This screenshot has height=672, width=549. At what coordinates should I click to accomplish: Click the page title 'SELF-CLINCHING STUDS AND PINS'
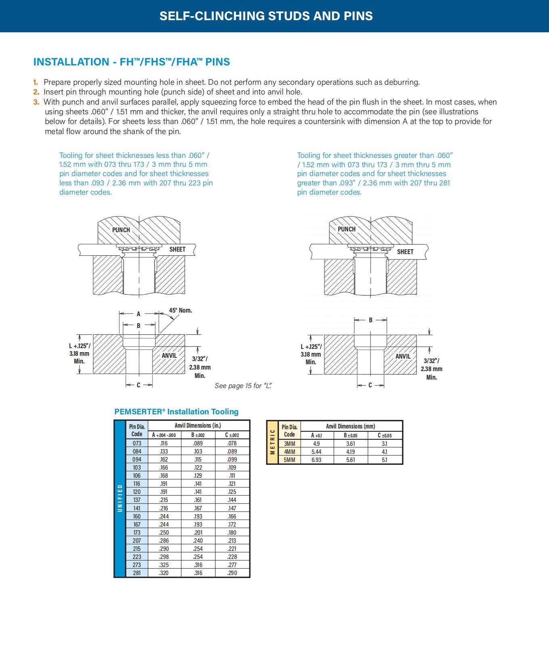(266, 16)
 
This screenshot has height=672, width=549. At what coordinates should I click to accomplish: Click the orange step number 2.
(36, 92)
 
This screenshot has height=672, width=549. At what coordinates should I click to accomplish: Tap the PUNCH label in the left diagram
(121, 230)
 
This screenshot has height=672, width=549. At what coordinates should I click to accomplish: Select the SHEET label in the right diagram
(405, 252)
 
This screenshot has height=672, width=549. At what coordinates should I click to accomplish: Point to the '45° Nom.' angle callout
(180, 310)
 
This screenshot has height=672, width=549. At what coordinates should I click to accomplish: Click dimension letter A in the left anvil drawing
(138, 314)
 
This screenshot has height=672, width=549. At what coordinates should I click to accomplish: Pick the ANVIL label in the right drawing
(403, 356)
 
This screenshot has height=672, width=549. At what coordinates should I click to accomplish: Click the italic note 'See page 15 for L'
(243, 386)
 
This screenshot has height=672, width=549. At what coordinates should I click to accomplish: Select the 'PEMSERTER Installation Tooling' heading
(176, 412)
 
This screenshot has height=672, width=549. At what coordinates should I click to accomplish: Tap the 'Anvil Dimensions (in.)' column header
(198, 425)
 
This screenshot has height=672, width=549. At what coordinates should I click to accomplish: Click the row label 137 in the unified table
(137, 500)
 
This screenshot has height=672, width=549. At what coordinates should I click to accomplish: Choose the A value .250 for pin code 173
(164, 532)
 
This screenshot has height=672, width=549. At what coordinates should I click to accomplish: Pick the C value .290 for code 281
(232, 573)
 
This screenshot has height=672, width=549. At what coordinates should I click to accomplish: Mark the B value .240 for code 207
(198, 540)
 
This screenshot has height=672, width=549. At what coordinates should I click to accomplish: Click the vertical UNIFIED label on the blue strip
(120, 498)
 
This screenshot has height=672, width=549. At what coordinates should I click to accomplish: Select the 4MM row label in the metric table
(289, 451)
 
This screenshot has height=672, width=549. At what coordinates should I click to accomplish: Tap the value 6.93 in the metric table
(316, 460)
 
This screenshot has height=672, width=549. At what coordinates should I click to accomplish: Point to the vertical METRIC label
(272, 442)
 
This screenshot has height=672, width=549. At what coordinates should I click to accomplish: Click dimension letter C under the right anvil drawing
(370, 385)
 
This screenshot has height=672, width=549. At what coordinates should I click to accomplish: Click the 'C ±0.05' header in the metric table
(385, 435)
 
